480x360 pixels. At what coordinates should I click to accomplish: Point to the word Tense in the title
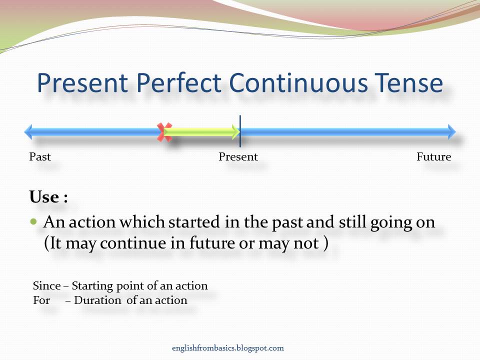(x=407, y=83)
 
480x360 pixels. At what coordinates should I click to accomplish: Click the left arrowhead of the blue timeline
(x=28, y=132)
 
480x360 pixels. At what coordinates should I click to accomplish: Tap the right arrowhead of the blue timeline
(x=451, y=132)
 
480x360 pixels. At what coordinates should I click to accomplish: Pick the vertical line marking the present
(x=240, y=131)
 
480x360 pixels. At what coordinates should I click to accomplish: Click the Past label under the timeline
(x=40, y=157)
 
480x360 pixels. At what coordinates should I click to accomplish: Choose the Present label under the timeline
(x=238, y=157)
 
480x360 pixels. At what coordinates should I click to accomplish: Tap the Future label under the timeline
(x=433, y=157)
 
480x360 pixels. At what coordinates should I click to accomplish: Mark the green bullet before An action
(x=34, y=221)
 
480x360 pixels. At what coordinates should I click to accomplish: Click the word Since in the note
(x=46, y=286)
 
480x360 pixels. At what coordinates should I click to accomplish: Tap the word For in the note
(x=41, y=300)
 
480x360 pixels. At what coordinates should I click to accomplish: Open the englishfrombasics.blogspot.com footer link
(x=227, y=348)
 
